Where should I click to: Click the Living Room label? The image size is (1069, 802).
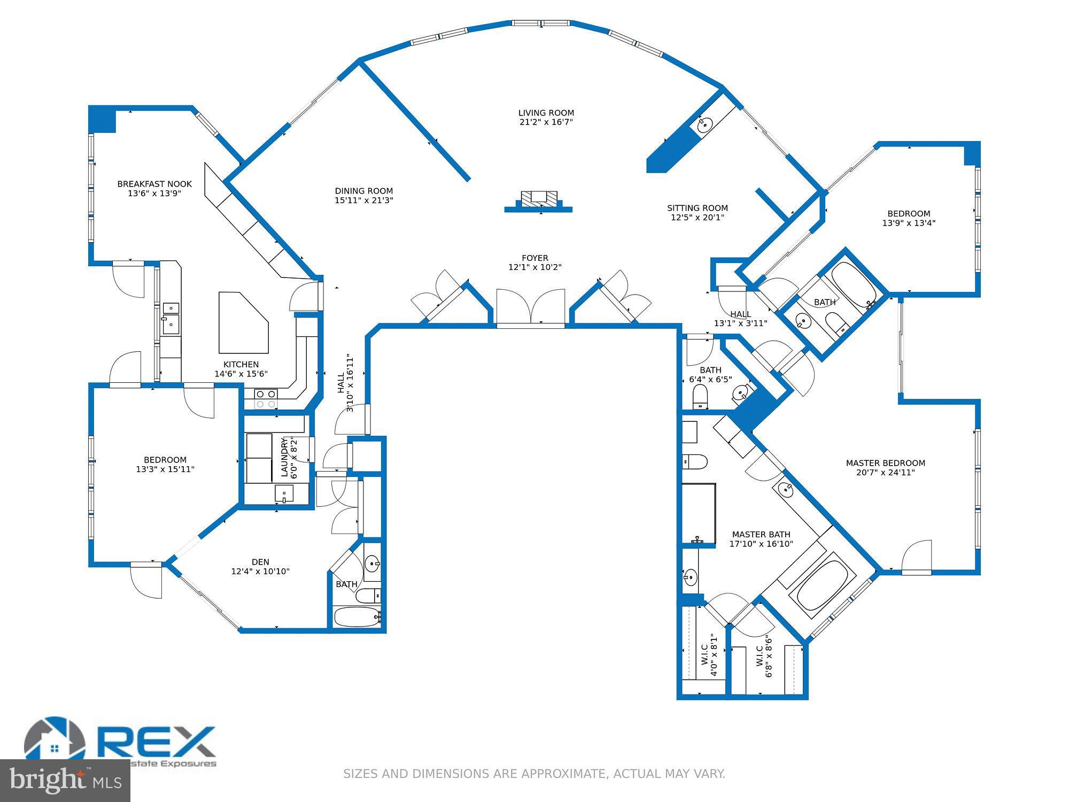pos(546,113)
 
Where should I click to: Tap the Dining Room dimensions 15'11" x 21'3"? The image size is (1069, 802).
pos(364,200)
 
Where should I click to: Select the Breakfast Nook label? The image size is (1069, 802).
pos(154,184)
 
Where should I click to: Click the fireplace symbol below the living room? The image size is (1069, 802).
pos(539,199)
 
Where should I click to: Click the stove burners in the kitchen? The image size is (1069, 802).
pos(266,399)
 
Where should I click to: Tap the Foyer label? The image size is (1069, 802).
pos(535,258)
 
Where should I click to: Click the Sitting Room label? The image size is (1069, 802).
pos(698,208)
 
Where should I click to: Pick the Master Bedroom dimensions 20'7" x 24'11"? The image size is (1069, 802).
pos(886,473)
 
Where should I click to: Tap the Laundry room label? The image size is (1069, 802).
pos(285,457)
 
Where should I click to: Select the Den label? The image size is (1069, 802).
pos(260,562)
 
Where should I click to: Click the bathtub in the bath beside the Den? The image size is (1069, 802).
pos(356,616)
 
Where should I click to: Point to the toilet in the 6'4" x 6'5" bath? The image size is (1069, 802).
pos(700,396)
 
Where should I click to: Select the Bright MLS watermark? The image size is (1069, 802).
pos(65,781)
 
